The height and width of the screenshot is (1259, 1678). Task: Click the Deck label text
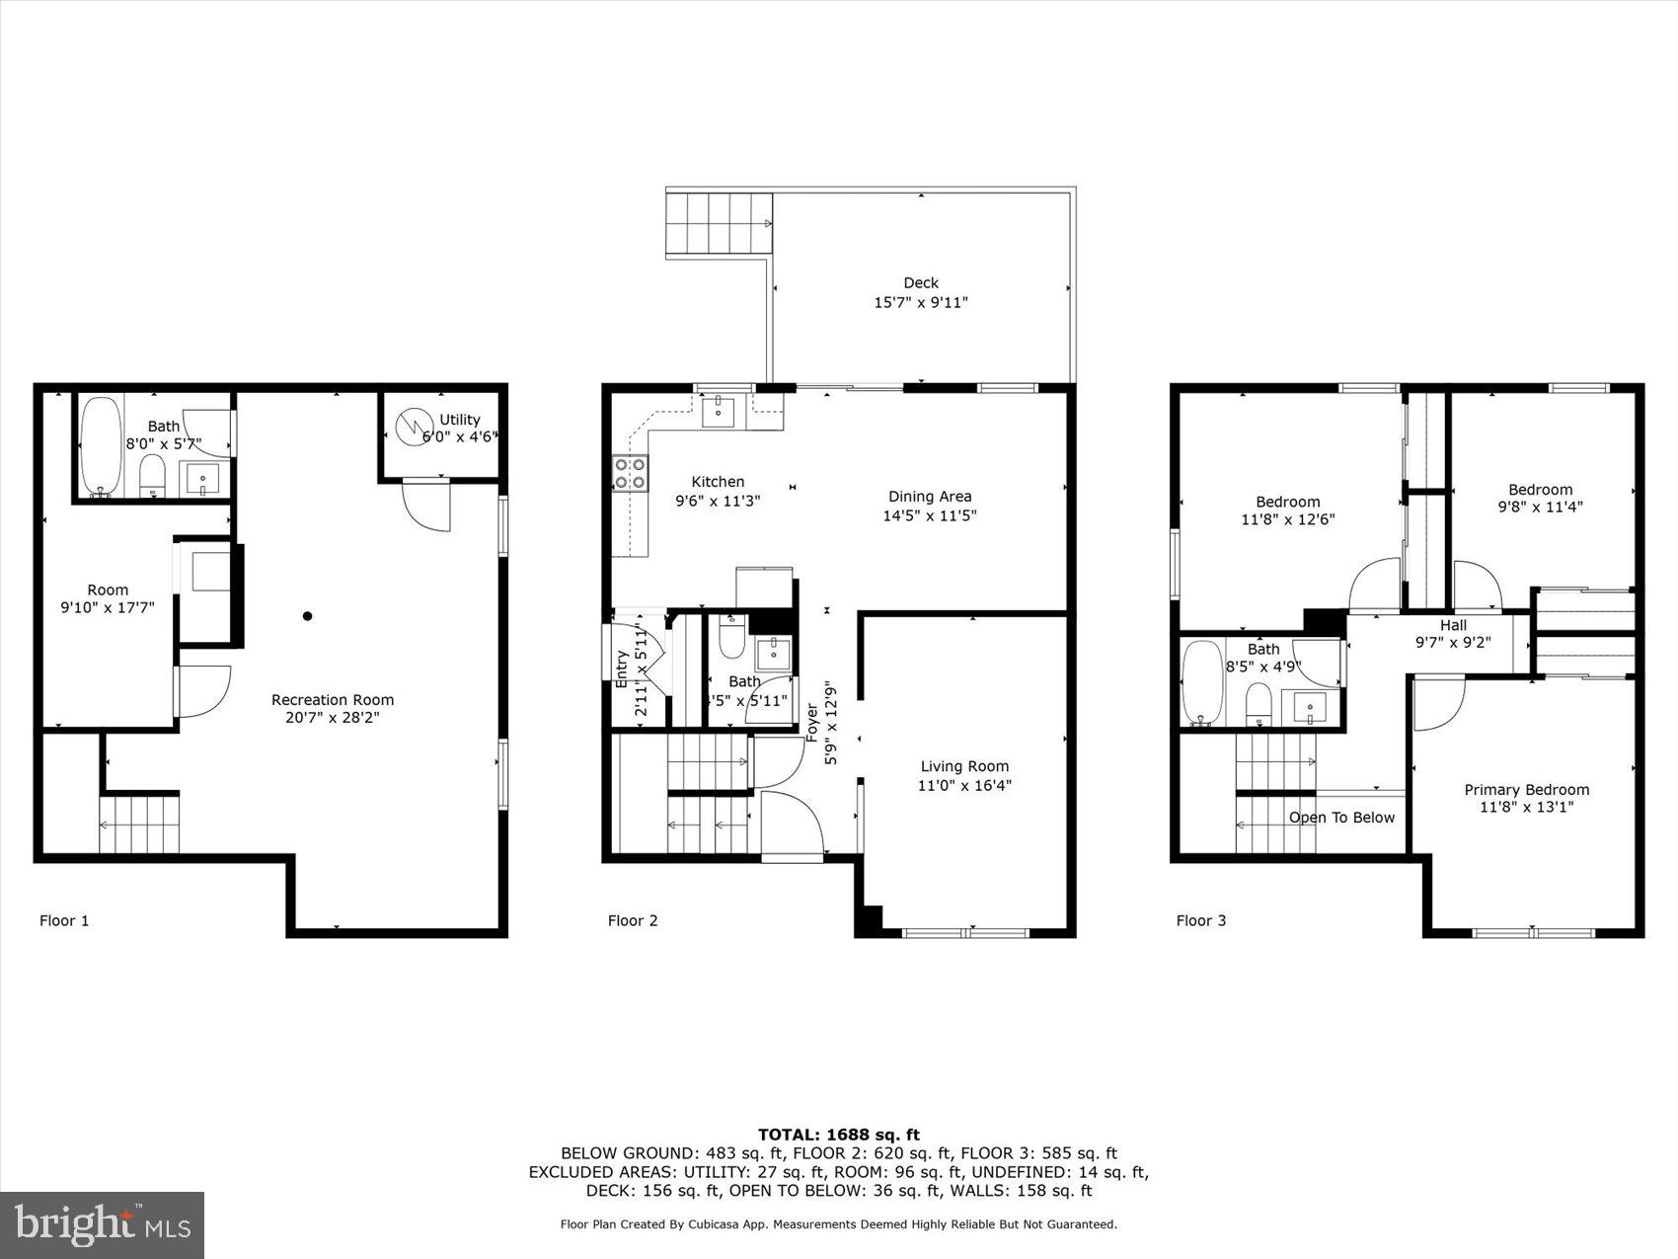(x=920, y=282)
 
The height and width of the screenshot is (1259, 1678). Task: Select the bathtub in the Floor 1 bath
(x=100, y=445)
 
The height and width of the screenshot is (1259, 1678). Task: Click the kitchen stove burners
(x=631, y=473)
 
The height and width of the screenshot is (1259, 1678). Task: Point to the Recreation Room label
(x=333, y=700)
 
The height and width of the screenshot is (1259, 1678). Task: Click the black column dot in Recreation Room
(x=308, y=616)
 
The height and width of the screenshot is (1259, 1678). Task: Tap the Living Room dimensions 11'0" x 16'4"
(x=964, y=786)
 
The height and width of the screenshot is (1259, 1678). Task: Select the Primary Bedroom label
(x=1526, y=789)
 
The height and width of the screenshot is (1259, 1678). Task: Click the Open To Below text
(x=1341, y=818)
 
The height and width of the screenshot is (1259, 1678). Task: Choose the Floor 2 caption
(x=633, y=920)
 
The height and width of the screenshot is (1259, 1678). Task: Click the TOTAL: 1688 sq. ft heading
(x=838, y=1135)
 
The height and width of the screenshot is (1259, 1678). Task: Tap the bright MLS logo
(x=103, y=1225)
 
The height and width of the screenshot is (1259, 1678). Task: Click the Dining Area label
(x=929, y=497)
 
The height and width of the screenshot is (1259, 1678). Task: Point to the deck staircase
(x=719, y=224)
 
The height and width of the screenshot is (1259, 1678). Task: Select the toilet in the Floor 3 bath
(x=1258, y=704)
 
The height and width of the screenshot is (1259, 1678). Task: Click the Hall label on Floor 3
(x=1453, y=625)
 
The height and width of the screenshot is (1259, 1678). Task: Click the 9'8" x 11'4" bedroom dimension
(x=1540, y=508)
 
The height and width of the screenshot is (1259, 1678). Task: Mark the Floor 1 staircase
(x=139, y=823)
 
